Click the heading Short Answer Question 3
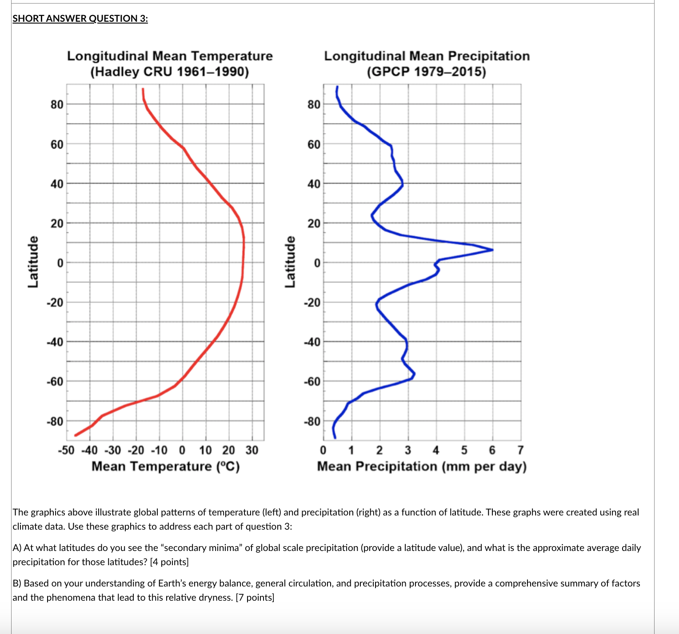coord(80,18)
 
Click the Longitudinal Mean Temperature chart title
coord(170,56)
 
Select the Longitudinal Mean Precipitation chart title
coord(427,56)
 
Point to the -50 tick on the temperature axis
coord(66,450)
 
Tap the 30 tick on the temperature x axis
coord(252,450)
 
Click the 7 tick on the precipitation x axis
coord(520,450)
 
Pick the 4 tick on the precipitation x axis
coord(436,450)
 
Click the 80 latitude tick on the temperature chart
coord(57,105)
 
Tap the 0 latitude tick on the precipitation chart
coord(317,263)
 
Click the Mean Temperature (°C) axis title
coord(165,467)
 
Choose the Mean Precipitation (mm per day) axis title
coord(422,467)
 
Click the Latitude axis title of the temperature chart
coord(33,262)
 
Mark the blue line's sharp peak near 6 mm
coord(492,250)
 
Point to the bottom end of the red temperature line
coord(76,435)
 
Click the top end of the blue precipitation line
coord(337,87)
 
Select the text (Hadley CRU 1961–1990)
coord(170,71)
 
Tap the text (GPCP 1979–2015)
coord(427,71)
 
